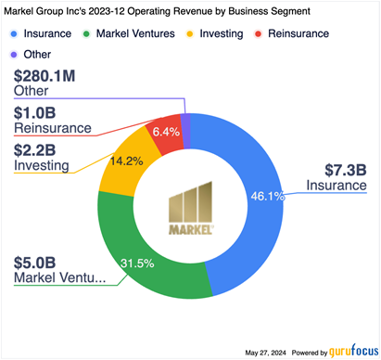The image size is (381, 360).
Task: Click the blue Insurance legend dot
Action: (14, 33)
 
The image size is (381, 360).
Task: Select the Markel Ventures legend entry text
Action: (135, 33)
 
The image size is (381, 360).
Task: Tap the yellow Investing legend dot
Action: (190, 33)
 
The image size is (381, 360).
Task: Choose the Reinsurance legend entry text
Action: (298, 33)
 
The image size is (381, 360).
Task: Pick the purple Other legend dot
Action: (14, 55)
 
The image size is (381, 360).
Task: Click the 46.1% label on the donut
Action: (267, 196)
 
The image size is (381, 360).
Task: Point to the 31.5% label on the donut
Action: (137, 264)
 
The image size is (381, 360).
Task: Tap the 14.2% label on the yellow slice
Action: (126, 161)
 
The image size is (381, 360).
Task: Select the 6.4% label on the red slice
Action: (166, 132)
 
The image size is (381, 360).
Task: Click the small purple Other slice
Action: (185, 131)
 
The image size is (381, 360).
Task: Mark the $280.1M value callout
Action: (44, 76)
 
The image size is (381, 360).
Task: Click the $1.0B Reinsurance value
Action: (34, 113)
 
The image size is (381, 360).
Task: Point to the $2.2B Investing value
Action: (34, 150)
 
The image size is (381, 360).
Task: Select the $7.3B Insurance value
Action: (346, 170)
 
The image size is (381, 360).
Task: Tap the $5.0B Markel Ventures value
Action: (34, 263)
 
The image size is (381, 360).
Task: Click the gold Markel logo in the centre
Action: (191, 208)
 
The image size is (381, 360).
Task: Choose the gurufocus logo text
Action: (353, 352)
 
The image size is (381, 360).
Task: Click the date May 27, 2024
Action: (265, 353)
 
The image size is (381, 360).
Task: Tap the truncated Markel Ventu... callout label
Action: (60, 277)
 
